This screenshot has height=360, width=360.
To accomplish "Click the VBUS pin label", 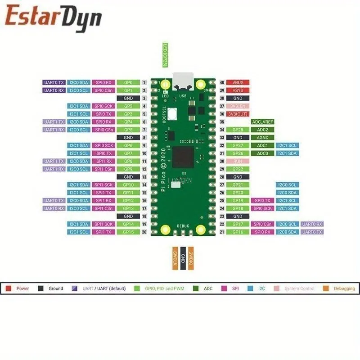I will click(238, 83).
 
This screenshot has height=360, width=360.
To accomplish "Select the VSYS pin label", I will click(238, 90).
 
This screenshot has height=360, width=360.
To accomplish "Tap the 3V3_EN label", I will click(238, 106).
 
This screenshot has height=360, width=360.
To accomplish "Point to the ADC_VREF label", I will click(262, 122).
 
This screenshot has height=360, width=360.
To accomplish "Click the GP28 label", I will click(238, 130).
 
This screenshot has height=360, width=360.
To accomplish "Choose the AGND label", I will click(262, 138).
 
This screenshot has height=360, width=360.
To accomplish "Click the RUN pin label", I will click(238, 161).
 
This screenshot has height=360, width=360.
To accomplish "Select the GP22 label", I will click(238, 169).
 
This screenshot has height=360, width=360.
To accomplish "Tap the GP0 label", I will click(128, 83).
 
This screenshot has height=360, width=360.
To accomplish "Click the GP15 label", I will click(128, 232).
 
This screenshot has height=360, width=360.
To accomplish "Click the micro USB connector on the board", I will click(183, 81).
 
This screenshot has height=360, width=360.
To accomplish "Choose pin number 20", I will click(144, 232).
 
